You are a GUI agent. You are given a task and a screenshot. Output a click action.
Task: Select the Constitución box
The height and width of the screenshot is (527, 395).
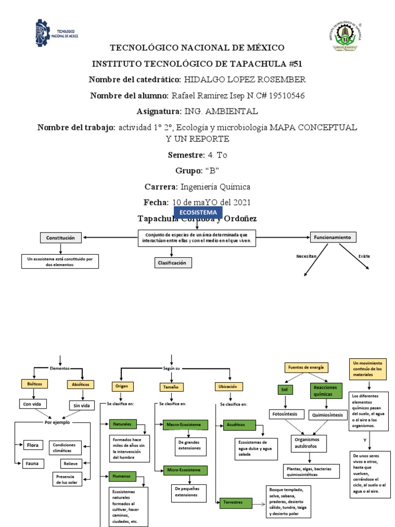(x=61, y=238)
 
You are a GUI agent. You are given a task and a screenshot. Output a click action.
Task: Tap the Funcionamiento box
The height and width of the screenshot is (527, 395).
(x=333, y=237)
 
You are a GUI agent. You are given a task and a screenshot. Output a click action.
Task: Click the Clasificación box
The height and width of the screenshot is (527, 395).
(x=173, y=262)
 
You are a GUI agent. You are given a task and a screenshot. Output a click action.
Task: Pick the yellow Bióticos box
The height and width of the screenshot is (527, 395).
(x=35, y=384)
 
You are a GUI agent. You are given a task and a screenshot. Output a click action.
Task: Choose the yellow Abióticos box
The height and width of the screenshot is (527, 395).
(x=81, y=384)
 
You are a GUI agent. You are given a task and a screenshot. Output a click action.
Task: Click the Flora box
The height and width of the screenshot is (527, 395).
(x=33, y=444)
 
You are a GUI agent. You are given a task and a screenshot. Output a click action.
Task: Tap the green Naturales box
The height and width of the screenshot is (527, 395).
(x=122, y=424)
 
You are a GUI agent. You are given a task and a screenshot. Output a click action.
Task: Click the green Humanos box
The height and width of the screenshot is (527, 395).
(x=122, y=476)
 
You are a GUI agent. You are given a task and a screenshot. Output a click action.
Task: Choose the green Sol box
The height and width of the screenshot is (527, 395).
(x=284, y=390)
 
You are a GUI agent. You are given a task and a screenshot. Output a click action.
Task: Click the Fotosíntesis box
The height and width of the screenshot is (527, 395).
(x=283, y=414)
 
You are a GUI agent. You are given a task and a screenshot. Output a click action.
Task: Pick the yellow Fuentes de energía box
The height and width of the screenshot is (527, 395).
(x=306, y=367)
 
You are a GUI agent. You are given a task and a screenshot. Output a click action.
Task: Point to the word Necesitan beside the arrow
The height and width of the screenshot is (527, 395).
(x=307, y=256)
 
